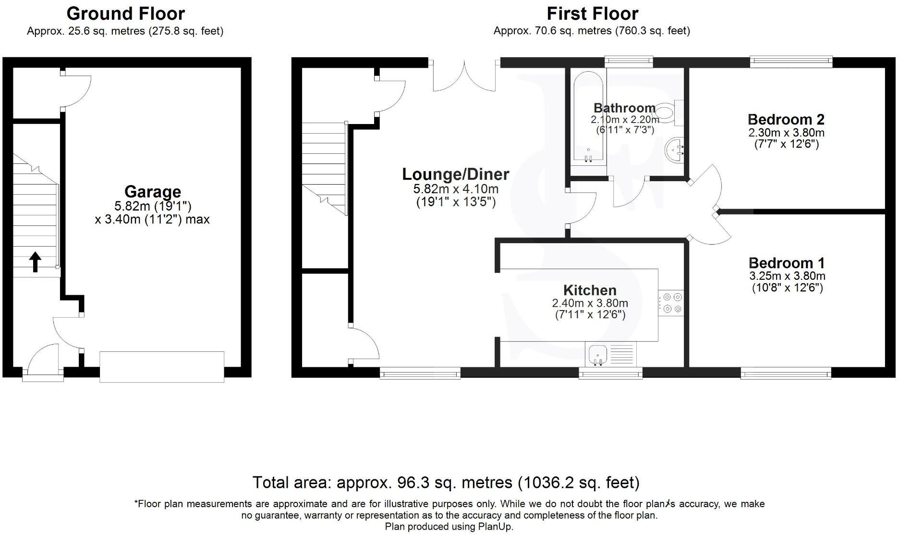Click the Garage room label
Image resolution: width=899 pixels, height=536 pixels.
tap(153, 191)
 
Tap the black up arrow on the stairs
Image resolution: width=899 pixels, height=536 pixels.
tap(35, 262)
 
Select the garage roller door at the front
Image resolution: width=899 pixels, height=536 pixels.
tap(162, 367)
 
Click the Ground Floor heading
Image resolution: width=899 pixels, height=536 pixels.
tap(126, 13)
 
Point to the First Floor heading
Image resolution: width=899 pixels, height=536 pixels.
tap(592, 13)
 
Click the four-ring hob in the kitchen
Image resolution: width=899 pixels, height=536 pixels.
tap(670, 303)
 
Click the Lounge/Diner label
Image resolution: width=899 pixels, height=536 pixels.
tap(455, 174)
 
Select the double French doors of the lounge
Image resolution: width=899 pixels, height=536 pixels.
tap(464, 77)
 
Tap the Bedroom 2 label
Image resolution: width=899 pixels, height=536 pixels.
tap(786, 119)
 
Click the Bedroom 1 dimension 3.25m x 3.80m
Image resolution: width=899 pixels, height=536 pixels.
tap(787, 276)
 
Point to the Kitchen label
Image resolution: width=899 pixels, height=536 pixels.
tap(590, 290)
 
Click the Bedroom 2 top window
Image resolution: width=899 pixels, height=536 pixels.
tap(791, 60)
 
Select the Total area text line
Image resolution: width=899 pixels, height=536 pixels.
tap(446, 482)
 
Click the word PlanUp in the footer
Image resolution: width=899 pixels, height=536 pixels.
tap(495, 526)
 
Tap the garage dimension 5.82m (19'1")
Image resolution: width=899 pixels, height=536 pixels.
tap(153, 206)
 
